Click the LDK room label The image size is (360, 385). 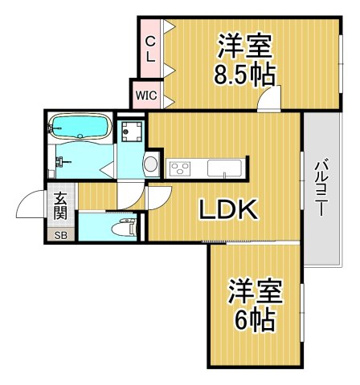[228, 209]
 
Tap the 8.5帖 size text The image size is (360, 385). [244, 75]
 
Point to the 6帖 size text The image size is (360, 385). [255, 320]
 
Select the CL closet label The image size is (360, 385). [151, 49]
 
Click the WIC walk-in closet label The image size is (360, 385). [146, 95]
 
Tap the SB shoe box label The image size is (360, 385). [61, 235]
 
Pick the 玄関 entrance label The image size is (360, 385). [61, 207]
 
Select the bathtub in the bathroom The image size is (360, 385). [79, 127]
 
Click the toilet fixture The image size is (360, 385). [124, 228]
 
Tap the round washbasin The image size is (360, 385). [151, 164]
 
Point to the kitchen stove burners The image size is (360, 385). [180, 168]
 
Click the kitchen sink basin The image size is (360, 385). [224, 169]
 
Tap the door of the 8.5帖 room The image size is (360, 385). [269, 98]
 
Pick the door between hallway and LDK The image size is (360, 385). [159, 198]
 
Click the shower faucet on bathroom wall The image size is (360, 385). [64, 162]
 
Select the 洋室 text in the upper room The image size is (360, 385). [244, 46]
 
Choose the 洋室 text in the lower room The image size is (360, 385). [255, 291]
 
